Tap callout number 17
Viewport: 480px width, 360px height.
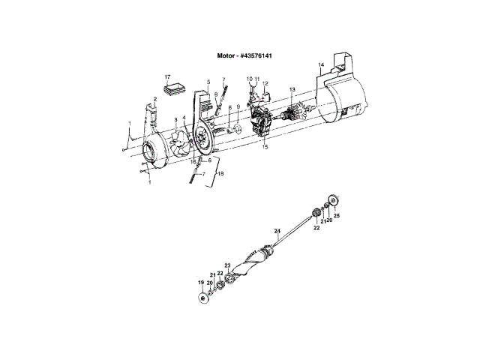[x=168, y=76]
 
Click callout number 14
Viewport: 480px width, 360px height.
[x=322, y=66]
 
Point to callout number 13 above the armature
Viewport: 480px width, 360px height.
[x=292, y=89]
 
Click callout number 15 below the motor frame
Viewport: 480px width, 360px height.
[x=265, y=147]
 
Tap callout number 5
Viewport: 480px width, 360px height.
[x=198, y=82]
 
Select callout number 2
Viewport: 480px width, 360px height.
[x=154, y=100]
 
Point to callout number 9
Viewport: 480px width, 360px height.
[x=238, y=108]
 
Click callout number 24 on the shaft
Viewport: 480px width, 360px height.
[x=277, y=231]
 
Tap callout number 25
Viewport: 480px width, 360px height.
[x=337, y=215]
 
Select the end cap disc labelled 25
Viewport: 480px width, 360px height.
[x=331, y=200]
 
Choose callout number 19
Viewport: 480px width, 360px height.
[x=201, y=282]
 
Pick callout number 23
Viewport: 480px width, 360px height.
[x=227, y=265]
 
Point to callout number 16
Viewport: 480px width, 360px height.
[x=193, y=160]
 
